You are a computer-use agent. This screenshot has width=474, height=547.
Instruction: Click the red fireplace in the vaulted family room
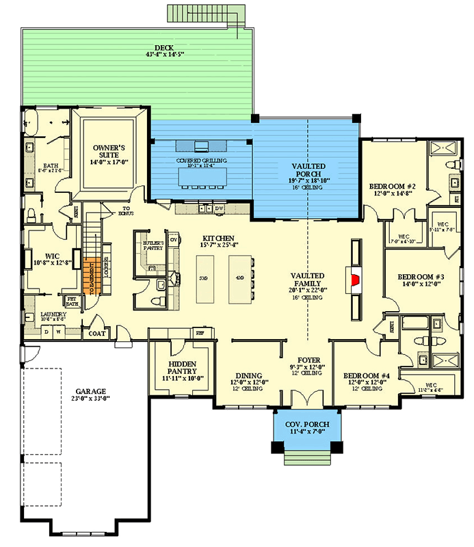click(x=354, y=279)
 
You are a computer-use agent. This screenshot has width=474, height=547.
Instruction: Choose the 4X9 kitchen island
click(x=238, y=278)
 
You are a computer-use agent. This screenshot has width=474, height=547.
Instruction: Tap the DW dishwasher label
click(x=220, y=208)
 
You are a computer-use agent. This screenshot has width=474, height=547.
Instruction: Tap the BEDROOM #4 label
click(x=366, y=375)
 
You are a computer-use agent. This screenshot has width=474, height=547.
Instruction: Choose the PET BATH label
click(x=72, y=302)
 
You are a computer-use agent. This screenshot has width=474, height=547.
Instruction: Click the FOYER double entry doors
click(x=302, y=398)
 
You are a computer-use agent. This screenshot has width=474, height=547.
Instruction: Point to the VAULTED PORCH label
click(x=308, y=171)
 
